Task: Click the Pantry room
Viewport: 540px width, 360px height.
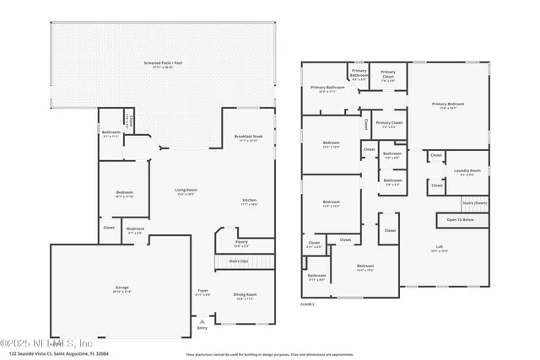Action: point(241,243)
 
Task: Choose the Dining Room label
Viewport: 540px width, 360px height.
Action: point(245,296)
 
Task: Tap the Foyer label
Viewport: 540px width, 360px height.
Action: point(202,292)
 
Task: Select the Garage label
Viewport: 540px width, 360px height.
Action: point(122,289)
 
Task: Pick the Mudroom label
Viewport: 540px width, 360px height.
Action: point(135,230)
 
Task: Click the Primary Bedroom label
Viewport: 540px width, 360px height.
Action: point(448,105)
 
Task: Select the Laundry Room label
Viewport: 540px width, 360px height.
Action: point(468,173)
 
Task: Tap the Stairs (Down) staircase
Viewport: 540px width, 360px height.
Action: point(474,203)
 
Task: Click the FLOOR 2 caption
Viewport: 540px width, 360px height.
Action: point(308,304)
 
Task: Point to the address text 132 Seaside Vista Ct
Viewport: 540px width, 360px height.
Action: point(54,354)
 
